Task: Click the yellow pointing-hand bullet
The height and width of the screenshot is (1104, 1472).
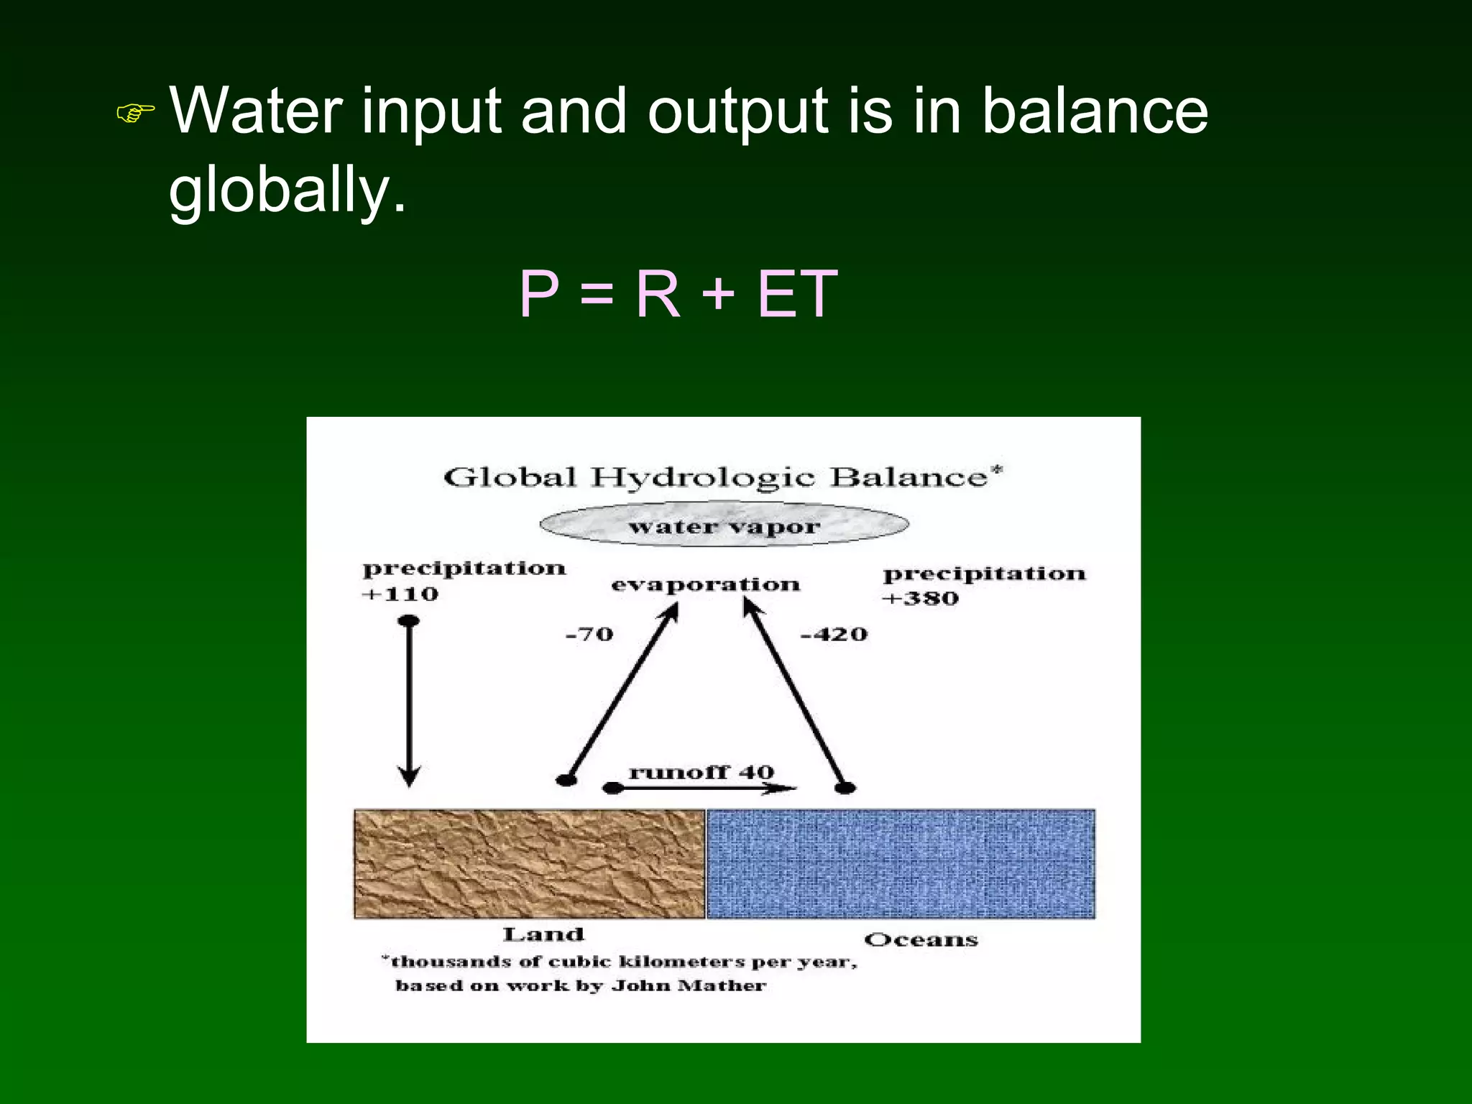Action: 135,112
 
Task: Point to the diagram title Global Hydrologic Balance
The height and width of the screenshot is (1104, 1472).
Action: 722,477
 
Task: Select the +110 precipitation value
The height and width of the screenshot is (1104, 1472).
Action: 400,594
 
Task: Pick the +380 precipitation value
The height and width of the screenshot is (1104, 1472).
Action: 921,598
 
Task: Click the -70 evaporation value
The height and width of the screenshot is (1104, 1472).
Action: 589,634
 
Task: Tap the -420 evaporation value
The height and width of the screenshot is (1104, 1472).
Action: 834,634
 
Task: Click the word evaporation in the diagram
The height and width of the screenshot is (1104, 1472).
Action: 705,584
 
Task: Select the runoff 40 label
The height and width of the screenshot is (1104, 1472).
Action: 701,772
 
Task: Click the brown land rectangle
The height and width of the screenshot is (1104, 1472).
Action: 529,863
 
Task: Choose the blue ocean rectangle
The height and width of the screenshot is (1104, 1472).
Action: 901,863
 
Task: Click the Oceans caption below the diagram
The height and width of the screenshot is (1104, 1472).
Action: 921,939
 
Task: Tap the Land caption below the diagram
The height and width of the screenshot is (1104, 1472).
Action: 543,934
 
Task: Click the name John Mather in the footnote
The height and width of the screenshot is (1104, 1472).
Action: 689,985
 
